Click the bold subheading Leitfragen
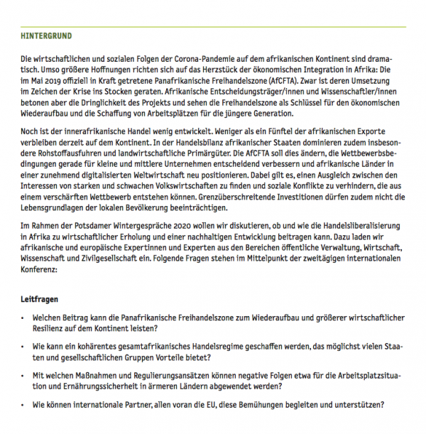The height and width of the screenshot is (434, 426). coord(40,300)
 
